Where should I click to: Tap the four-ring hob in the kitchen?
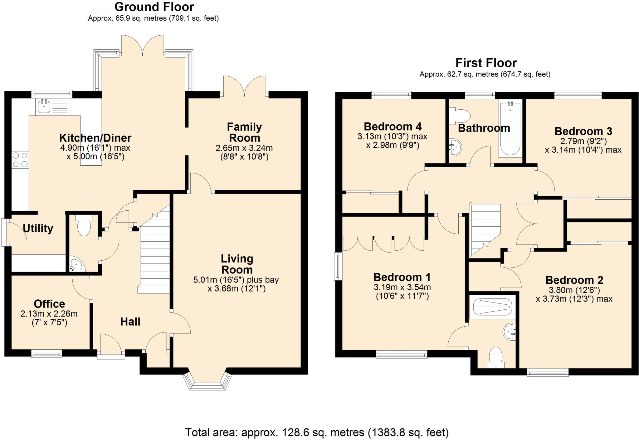[x=20, y=160]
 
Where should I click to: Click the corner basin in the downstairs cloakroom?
[x=76, y=264]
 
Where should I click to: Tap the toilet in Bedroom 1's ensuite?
[x=496, y=357]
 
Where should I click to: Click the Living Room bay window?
[x=207, y=381]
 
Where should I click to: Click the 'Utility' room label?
[x=38, y=228]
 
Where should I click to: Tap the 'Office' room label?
[x=49, y=303]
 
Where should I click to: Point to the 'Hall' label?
[x=130, y=321]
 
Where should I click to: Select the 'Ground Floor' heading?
[x=154, y=7]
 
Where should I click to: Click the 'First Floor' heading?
[x=486, y=63]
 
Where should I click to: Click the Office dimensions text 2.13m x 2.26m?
[x=49, y=313]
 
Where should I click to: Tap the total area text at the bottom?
[x=317, y=432]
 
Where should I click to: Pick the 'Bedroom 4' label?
[x=393, y=127]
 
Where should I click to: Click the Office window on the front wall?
[x=46, y=353]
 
